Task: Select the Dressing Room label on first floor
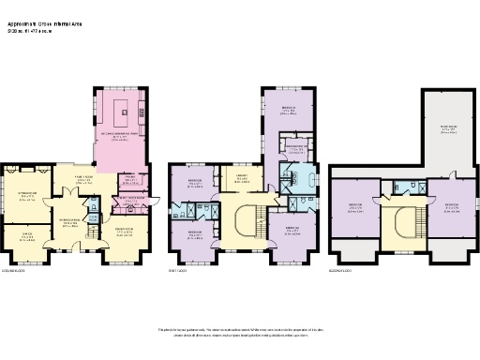[x=295, y=147]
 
